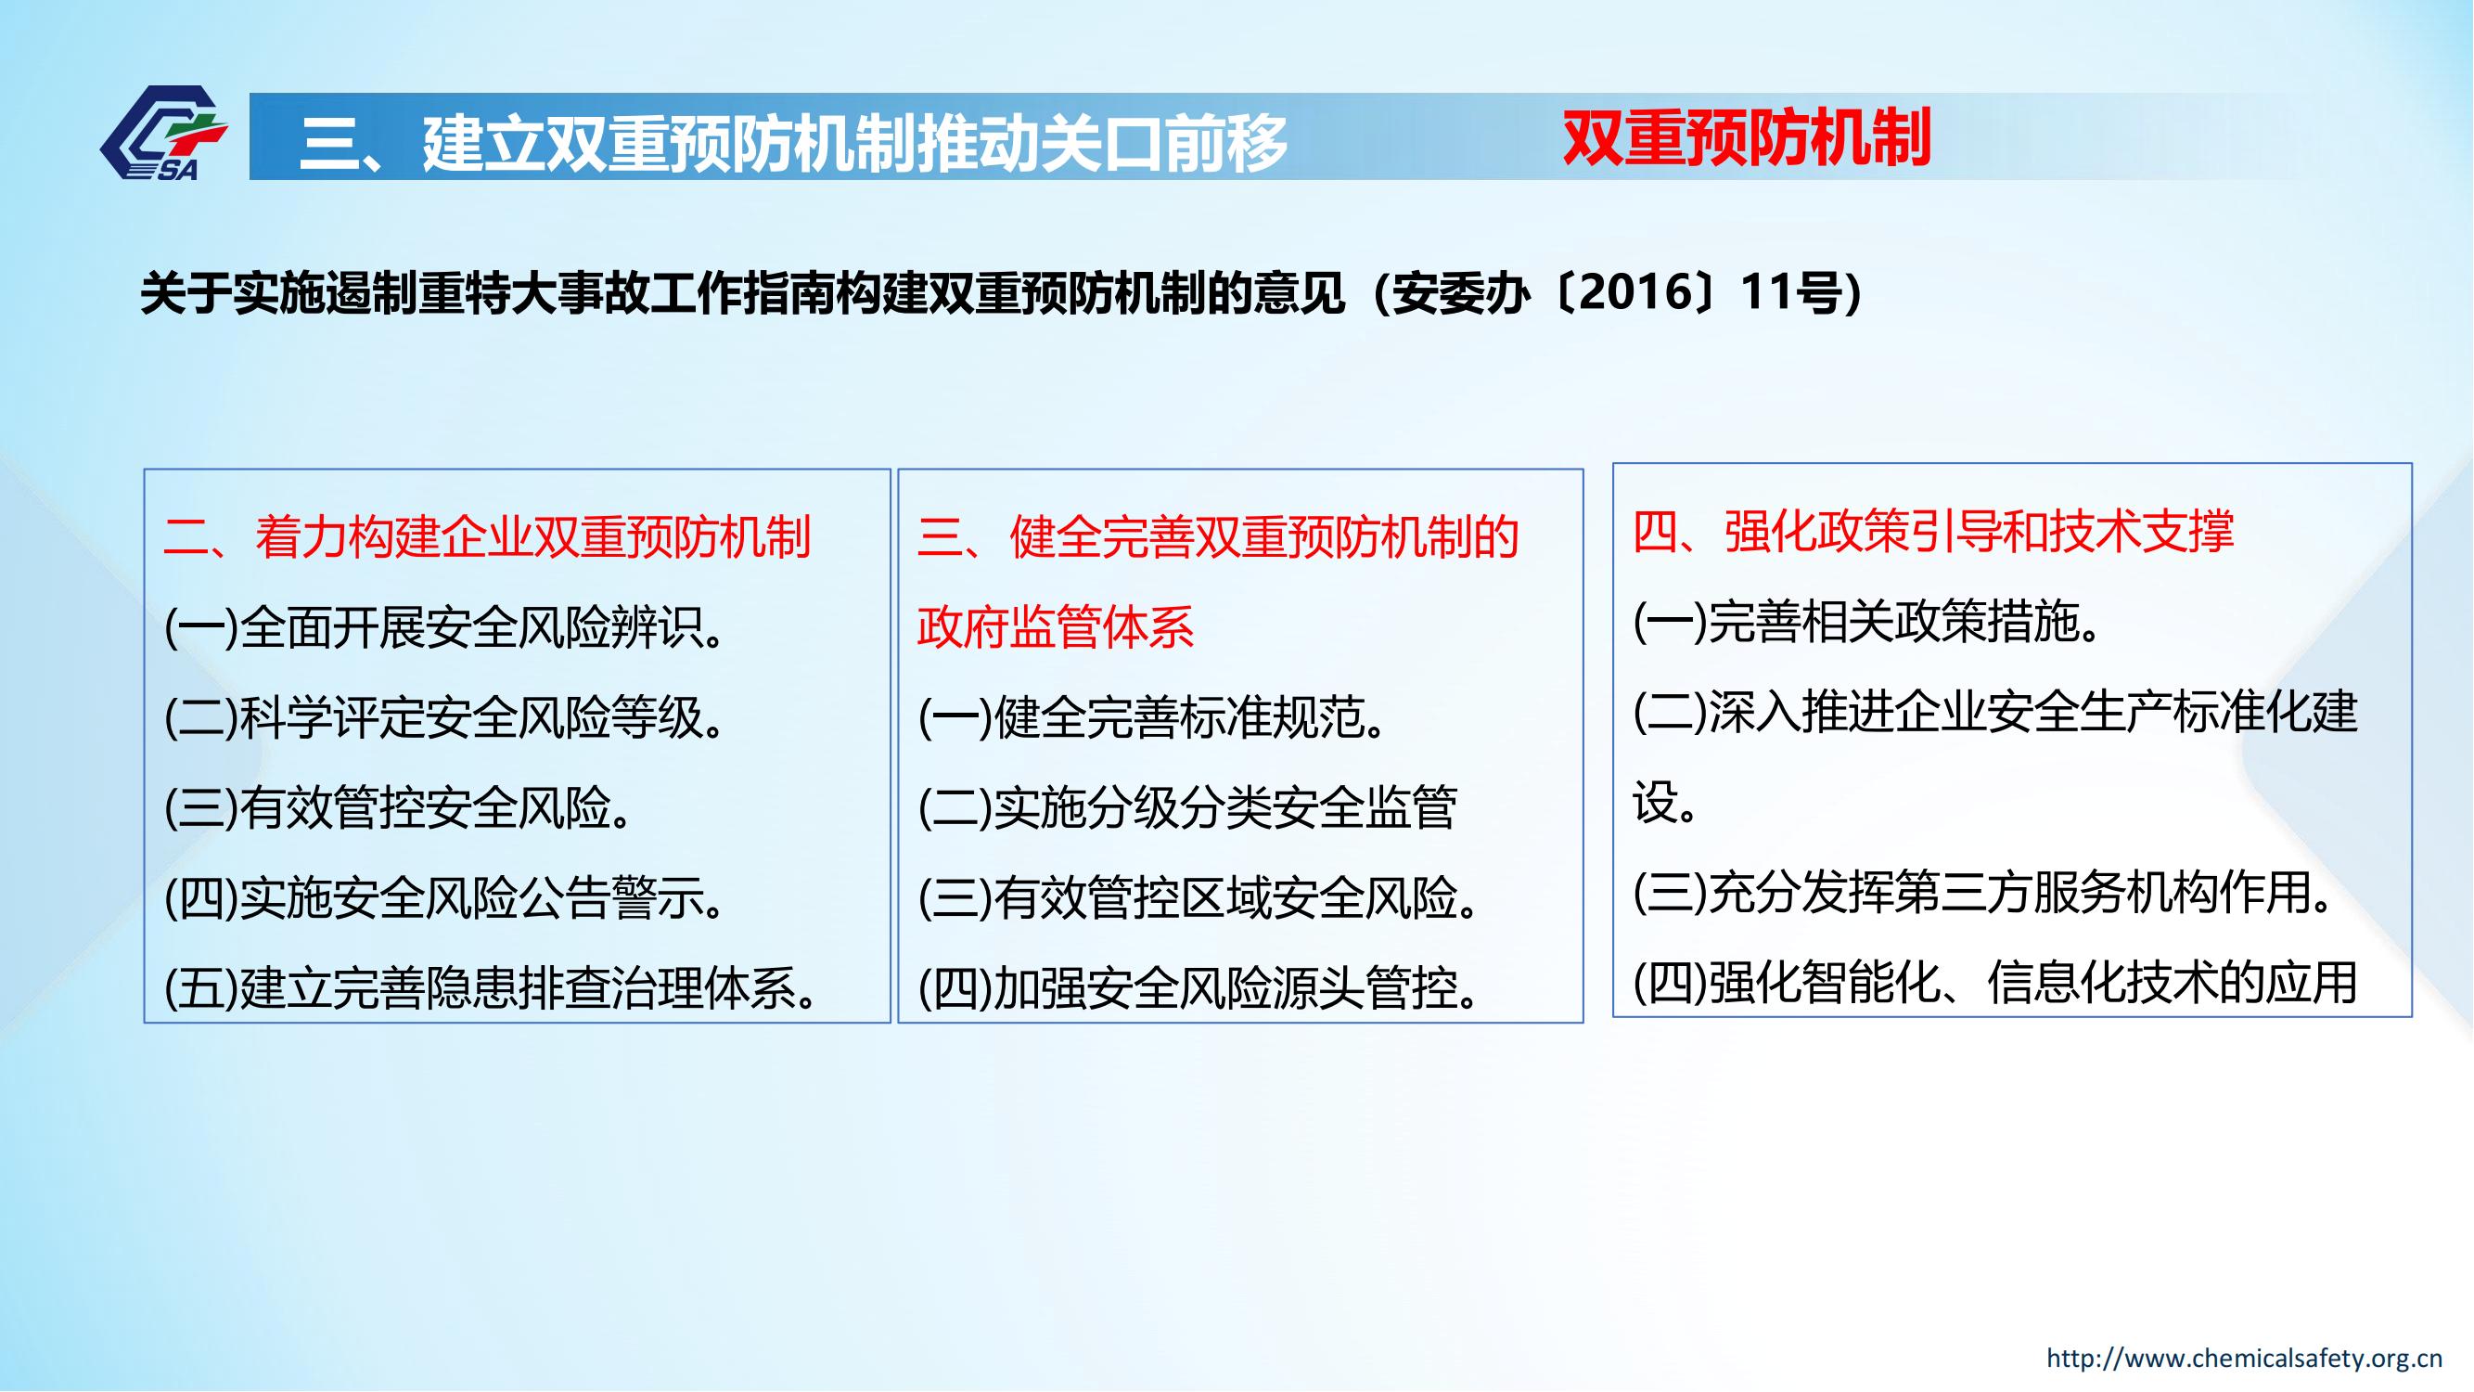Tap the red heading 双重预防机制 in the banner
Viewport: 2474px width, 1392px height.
click(x=1747, y=138)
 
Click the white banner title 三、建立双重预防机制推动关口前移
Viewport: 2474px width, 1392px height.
click(x=793, y=143)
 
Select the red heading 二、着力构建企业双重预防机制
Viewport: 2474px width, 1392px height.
click(x=488, y=536)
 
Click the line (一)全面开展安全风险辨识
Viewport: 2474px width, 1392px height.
click(x=444, y=628)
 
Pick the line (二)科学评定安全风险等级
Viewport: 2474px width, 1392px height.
click(x=444, y=717)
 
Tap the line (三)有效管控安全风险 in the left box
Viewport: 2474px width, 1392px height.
click(x=399, y=808)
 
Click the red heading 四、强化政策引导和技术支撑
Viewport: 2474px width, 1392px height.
click(x=1934, y=530)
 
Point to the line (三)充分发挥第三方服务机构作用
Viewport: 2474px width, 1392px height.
click(x=1982, y=893)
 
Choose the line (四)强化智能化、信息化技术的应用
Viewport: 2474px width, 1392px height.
click(x=1995, y=983)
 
